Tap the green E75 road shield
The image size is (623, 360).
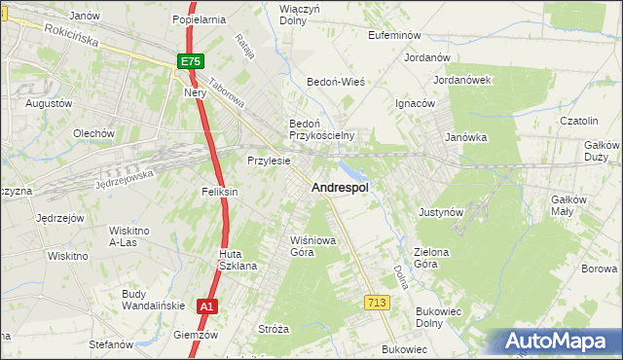point(191,61)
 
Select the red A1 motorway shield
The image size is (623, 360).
point(205,306)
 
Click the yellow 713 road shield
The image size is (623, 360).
point(378,304)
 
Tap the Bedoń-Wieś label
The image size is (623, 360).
point(336,82)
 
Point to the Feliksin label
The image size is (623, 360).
point(221,192)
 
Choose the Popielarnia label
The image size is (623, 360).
point(199,18)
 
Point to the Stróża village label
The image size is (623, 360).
point(274,329)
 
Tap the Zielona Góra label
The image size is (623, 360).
point(431,258)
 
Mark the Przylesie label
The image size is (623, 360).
point(269,161)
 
